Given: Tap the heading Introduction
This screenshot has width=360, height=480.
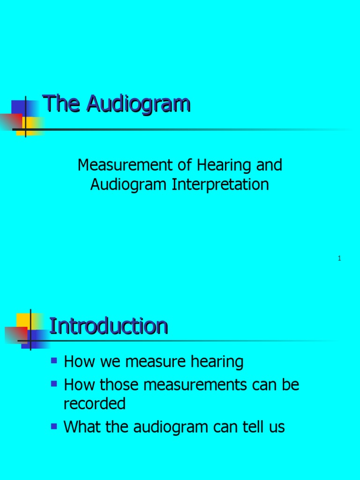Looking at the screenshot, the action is tap(108, 326).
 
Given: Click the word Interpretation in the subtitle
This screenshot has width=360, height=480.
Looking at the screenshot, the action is tap(220, 184).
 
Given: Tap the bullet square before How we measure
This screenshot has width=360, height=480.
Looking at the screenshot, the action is tap(54, 360).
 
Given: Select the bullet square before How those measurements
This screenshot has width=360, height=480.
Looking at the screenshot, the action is tap(54, 384).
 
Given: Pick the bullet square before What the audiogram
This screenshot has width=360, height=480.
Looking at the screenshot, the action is tap(54, 426).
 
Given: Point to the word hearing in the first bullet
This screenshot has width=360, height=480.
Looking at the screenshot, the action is tap(216, 362).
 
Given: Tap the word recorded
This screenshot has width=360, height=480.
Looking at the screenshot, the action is tap(95, 404).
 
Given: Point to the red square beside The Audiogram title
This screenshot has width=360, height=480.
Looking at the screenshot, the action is tap(10, 121).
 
